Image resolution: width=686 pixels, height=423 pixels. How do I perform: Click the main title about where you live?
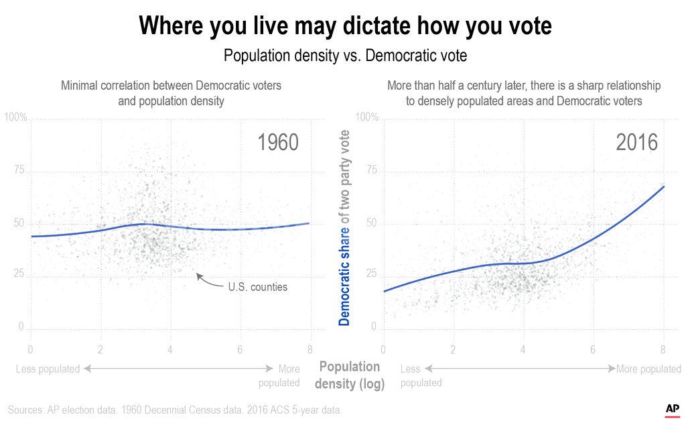[345, 26]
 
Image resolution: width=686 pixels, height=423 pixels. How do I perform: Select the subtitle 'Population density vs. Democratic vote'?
[345, 56]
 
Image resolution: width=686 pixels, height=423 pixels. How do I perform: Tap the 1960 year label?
[278, 143]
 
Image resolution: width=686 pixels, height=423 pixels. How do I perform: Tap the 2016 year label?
[637, 143]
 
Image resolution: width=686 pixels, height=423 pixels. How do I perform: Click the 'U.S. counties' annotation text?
[258, 287]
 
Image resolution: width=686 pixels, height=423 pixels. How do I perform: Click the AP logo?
[673, 408]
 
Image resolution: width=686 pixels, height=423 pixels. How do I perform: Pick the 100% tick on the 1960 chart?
[15, 118]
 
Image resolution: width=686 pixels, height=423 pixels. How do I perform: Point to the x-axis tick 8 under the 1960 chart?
[309, 349]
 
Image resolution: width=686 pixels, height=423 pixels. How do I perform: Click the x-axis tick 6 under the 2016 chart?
[593, 349]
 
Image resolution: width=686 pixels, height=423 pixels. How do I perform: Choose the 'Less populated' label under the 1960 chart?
[48, 369]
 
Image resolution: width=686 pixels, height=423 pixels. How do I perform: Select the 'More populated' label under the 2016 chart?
[648, 369]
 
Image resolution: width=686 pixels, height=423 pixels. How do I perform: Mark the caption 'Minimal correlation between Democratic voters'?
[171, 86]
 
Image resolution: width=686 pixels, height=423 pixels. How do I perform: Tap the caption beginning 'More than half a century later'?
[524, 86]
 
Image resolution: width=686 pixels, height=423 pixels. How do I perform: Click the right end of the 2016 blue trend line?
[663, 187]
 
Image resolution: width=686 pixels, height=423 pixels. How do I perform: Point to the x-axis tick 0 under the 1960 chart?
[30, 349]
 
